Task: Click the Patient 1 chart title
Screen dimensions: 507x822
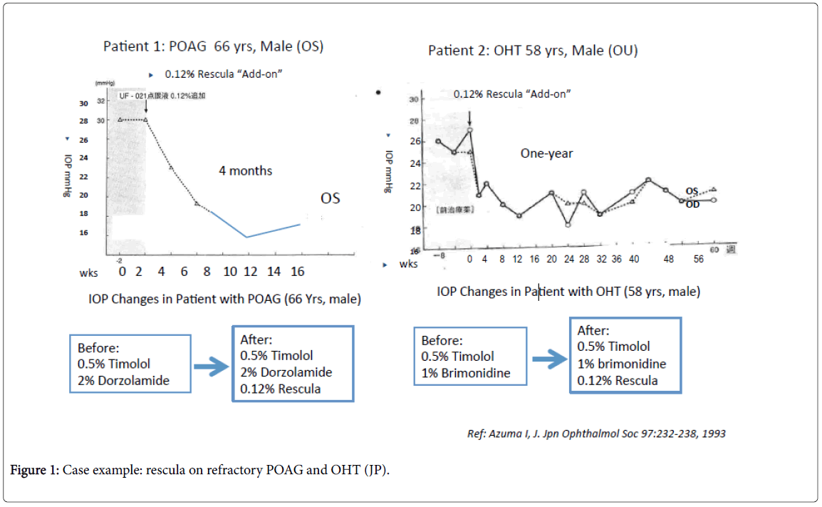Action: coord(213,47)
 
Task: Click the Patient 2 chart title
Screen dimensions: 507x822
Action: coord(533,51)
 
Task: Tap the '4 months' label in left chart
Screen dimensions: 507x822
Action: coord(245,170)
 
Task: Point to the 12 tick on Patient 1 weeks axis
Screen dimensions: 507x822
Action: coord(251,272)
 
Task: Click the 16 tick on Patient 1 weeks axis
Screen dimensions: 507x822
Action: coord(296,272)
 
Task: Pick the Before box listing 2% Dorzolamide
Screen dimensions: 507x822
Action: coord(130,363)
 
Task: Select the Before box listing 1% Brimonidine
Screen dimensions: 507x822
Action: coord(470,357)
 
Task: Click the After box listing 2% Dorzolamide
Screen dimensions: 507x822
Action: coord(293,363)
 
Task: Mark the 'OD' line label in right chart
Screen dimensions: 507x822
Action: coord(692,203)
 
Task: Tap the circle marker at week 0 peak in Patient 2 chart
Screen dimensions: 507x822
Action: coord(469,130)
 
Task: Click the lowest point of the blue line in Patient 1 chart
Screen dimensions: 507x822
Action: coord(246,237)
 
